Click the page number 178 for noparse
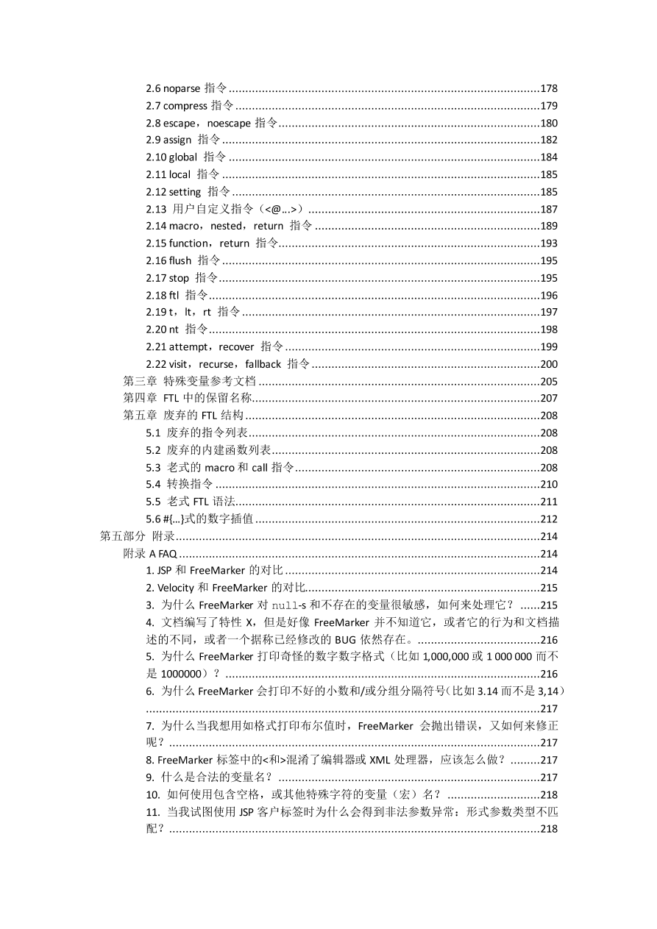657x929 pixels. pyautogui.click(x=548, y=88)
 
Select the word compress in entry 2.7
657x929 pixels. pyautogui.click(x=185, y=106)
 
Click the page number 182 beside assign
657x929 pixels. pyautogui.click(x=548, y=140)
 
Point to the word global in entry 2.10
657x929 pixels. pyautogui.click(x=183, y=157)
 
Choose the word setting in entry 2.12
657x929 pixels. pyautogui.click(x=185, y=192)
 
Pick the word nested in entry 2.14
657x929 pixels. pyautogui.click(x=226, y=226)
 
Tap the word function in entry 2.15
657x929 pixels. pyautogui.click(x=188, y=243)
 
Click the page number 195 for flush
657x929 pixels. pyautogui.click(x=548, y=260)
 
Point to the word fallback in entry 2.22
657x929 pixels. pyautogui.click(x=263, y=364)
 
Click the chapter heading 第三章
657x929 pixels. pyautogui.click(x=139, y=381)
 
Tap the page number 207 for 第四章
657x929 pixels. pyautogui.click(x=548, y=398)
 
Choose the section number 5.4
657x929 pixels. pyautogui.click(x=153, y=484)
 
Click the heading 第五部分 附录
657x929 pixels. pyautogui.click(x=131, y=536)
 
